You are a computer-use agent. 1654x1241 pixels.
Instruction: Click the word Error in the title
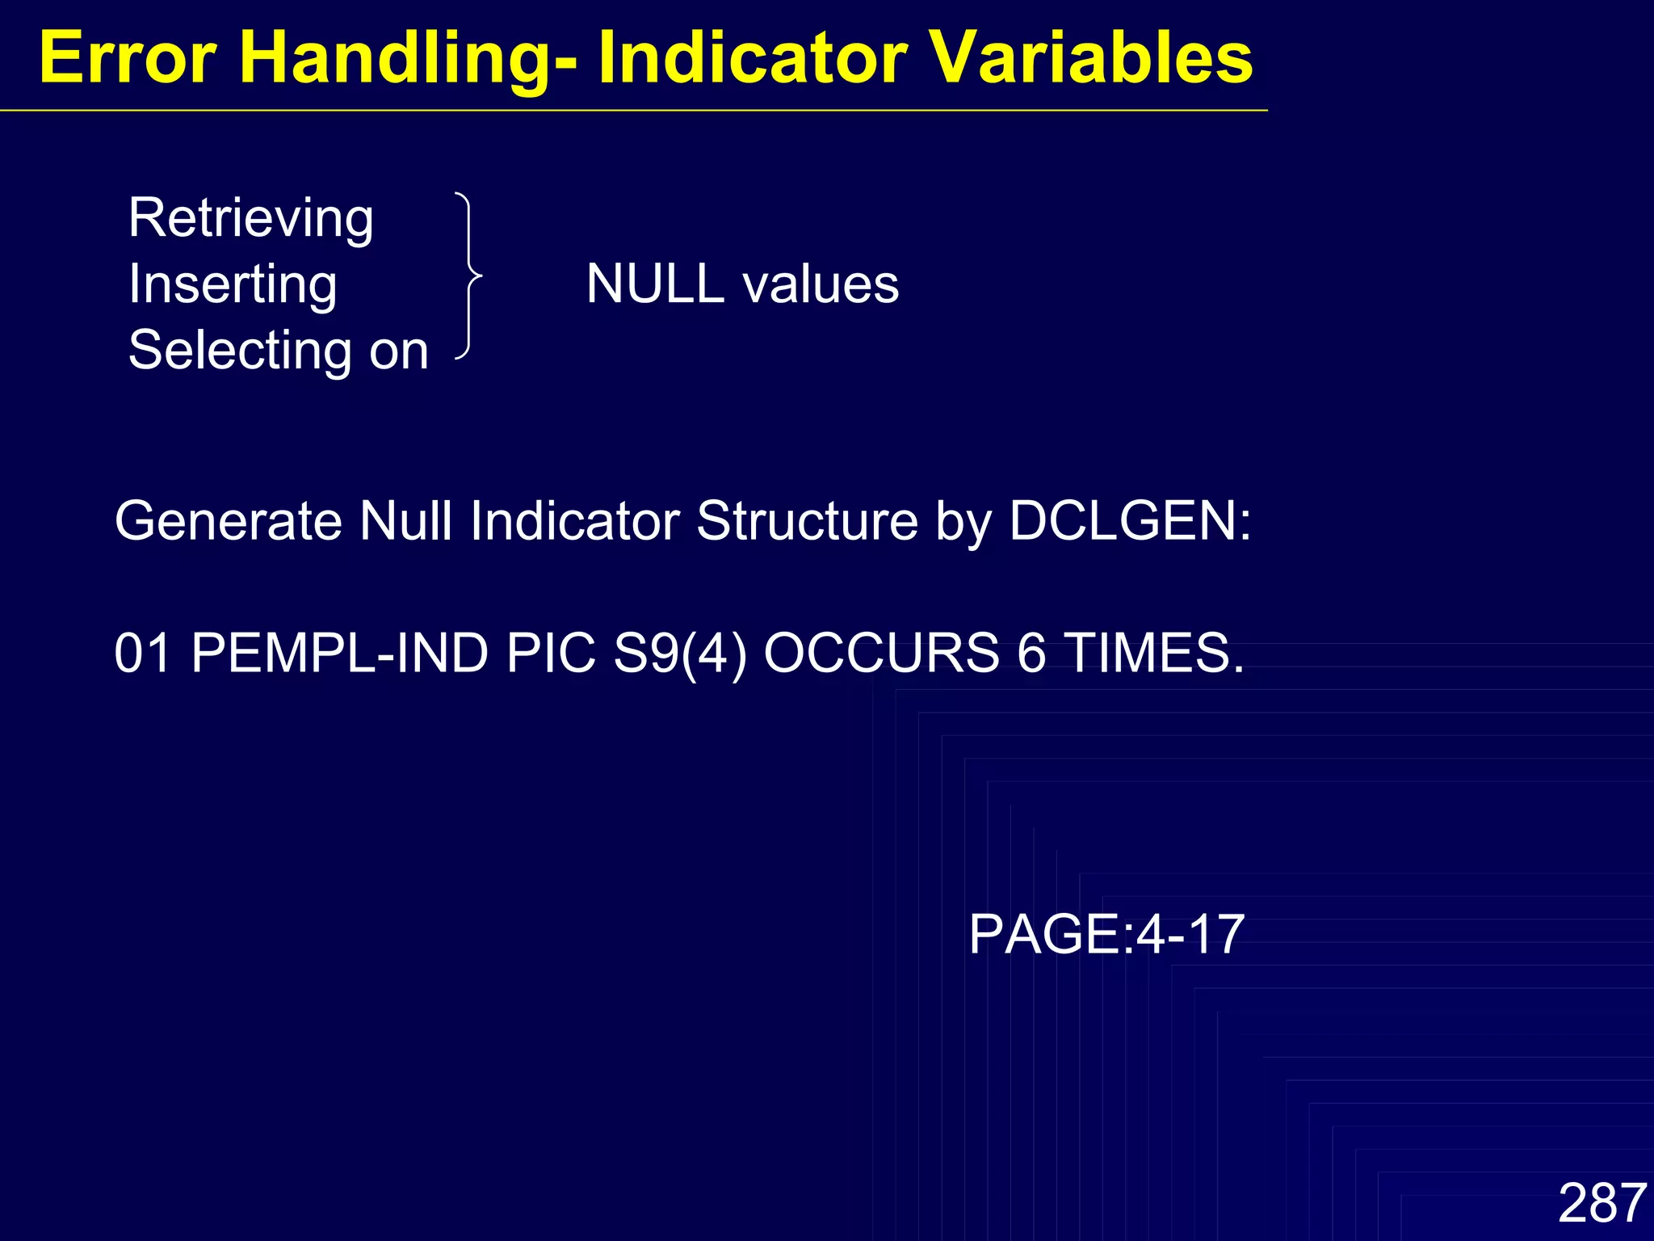point(128,58)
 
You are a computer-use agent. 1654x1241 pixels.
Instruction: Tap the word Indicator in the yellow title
point(752,58)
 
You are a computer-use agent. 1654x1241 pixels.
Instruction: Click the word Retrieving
point(250,218)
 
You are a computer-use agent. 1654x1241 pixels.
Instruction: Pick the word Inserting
point(233,284)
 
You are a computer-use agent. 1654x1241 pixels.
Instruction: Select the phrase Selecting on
point(278,351)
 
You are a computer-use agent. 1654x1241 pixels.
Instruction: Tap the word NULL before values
point(654,284)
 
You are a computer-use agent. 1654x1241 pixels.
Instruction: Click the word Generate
point(228,520)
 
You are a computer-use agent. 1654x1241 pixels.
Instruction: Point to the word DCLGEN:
point(1130,520)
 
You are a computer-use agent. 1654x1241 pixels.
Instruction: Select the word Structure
point(807,520)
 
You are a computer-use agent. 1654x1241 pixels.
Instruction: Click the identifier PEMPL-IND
point(339,653)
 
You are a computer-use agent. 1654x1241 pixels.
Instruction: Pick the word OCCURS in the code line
point(881,653)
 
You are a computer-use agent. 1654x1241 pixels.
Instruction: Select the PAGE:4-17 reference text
point(1106,935)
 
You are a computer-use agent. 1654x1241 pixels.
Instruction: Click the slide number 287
point(1602,1203)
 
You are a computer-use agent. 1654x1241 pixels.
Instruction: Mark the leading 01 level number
point(142,653)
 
